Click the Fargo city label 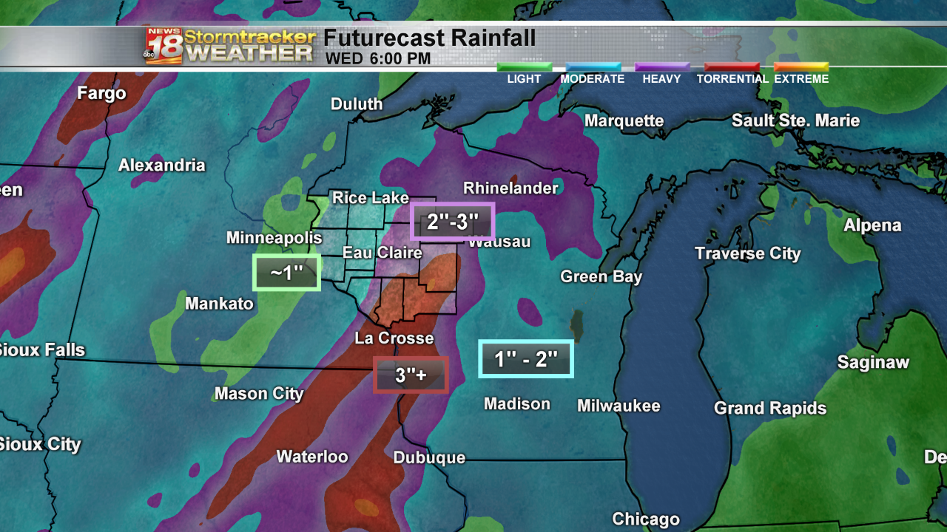(102, 94)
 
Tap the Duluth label (357, 104)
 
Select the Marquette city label (624, 120)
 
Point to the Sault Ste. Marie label (795, 120)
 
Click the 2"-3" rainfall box (451, 221)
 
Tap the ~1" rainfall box (286, 273)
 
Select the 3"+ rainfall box (411, 375)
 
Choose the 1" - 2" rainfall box (525, 359)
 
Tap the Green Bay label (601, 277)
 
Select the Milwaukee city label (619, 406)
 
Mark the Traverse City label (747, 254)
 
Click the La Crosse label (394, 338)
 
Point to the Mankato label (219, 304)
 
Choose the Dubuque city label (429, 458)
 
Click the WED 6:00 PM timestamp (377, 58)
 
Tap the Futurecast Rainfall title (429, 38)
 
